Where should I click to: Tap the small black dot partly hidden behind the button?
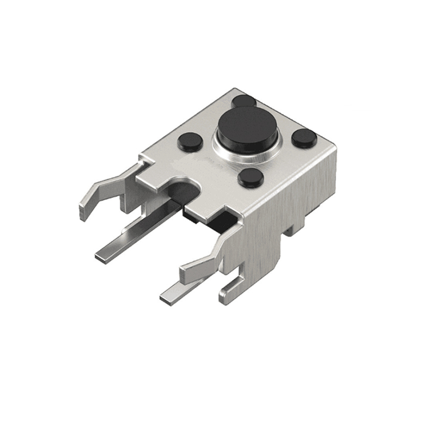click(x=243, y=100)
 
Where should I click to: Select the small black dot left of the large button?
click(x=190, y=142)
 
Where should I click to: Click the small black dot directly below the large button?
click(x=251, y=177)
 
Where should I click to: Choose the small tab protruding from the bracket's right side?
click(x=294, y=226)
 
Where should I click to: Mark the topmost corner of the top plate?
click(x=235, y=90)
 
